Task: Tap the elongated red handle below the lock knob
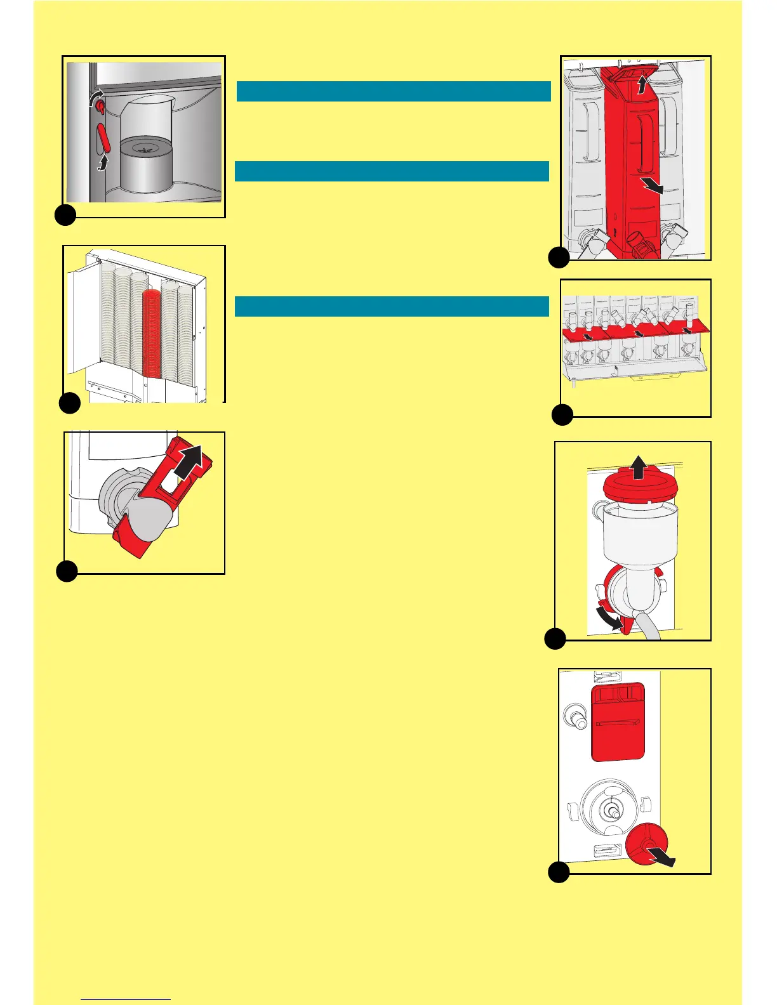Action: point(105,138)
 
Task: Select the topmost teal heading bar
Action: point(393,91)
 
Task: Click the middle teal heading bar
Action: point(392,171)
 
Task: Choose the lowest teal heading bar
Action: point(392,306)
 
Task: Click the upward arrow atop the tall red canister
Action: point(643,84)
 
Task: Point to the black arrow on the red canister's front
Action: point(652,186)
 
